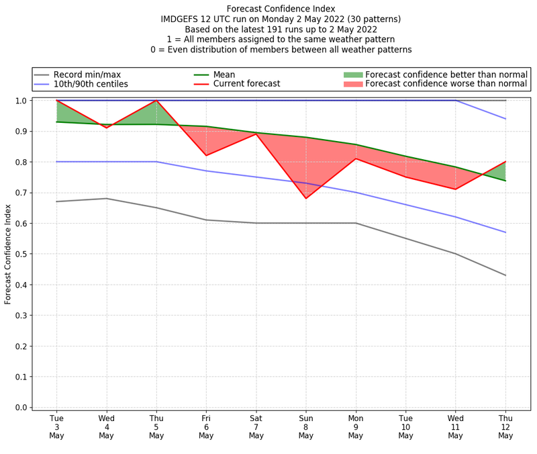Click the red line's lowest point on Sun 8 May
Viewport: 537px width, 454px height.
(x=306, y=198)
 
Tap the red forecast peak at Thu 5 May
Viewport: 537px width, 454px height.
(x=156, y=101)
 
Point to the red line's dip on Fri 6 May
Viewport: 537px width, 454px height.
(x=206, y=156)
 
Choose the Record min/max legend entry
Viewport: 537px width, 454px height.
(x=87, y=75)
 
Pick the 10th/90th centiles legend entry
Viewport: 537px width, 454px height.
(x=91, y=84)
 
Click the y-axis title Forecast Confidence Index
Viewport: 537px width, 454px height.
(x=8, y=254)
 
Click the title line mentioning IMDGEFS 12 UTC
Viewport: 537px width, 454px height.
(x=281, y=19)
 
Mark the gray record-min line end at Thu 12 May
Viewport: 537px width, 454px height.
(x=505, y=275)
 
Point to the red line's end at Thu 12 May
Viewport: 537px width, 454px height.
(x=505, y=162)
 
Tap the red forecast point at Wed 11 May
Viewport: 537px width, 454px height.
(x=456, y=189)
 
